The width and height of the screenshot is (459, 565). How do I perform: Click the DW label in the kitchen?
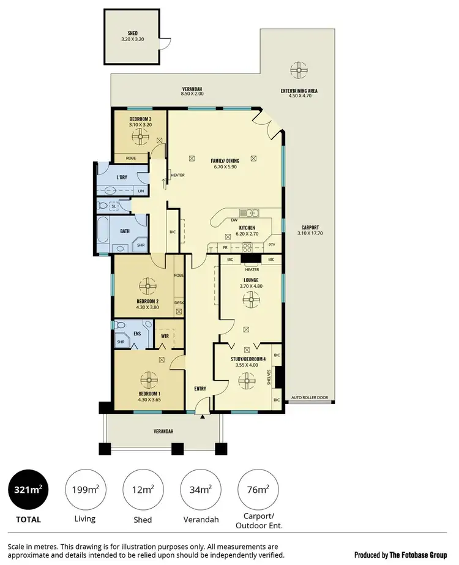click(x=234, y=220)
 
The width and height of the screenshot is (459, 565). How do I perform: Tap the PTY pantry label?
click(x=273, y=247)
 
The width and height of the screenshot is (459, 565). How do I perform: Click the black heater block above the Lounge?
click(x=252, y=260)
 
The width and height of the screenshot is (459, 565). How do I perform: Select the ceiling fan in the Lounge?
click(x=251, y=299)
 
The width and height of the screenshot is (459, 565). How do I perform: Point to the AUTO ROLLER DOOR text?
click(x=309, y=397)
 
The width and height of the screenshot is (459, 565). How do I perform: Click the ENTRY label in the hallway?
click(x=201, y=388)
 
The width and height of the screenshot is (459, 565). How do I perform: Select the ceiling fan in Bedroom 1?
click(x=149, y=380)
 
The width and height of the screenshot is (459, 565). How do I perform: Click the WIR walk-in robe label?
click(x=165, y=336)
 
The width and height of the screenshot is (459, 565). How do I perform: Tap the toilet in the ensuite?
click(x=121, y=326)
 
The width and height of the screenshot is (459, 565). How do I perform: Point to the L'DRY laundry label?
click(x=122, y=178)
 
